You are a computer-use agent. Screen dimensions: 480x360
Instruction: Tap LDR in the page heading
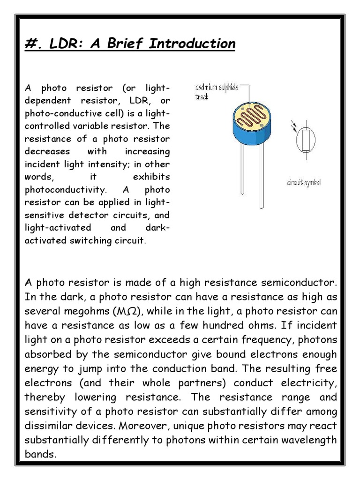[x=56, y=44]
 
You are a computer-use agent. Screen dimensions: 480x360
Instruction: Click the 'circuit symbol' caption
[x=304, y=182]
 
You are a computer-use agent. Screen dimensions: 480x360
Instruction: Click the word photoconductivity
[x=66, y=190]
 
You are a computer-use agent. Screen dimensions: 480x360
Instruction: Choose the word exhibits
[x=150, y=178]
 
